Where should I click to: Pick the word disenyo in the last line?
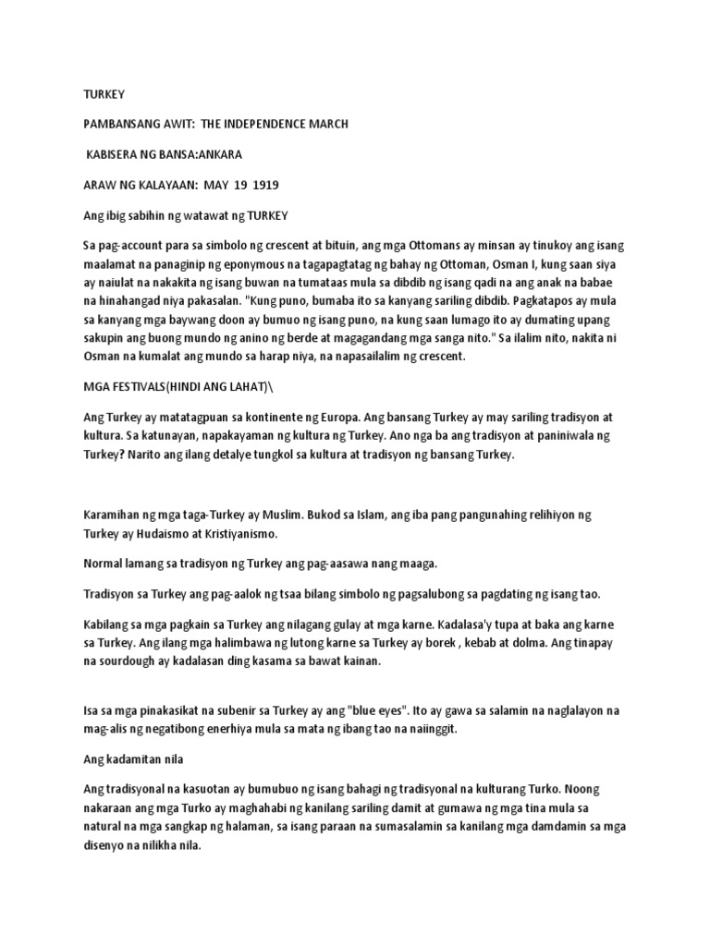tap(106, 843)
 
